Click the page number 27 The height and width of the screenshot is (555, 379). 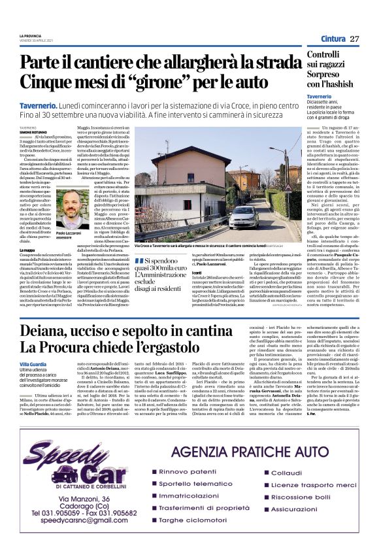tap(354, 39)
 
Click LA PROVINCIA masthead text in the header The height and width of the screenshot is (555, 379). tap(31, 35)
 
